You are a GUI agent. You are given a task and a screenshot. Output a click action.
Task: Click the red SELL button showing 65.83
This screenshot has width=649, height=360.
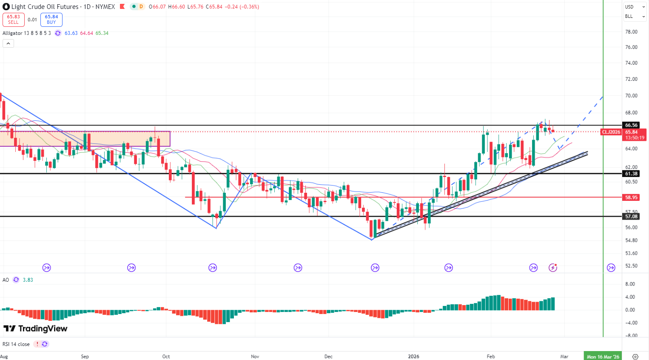13,20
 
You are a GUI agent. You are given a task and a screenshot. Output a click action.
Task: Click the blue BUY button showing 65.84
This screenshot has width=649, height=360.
51,20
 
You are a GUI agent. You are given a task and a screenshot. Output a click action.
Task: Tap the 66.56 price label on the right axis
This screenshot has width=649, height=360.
631,125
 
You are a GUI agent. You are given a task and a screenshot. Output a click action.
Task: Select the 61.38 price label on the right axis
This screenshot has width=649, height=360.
631,174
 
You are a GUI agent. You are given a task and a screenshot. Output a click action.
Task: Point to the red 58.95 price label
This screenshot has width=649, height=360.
631,197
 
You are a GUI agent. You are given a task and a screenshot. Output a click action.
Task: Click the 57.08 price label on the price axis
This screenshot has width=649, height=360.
631,217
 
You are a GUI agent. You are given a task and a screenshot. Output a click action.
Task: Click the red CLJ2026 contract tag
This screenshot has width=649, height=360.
611,132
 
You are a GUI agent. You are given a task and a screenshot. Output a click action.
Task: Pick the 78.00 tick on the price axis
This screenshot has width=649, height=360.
631,32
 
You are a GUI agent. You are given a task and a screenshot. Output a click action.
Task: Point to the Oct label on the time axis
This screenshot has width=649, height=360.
166,357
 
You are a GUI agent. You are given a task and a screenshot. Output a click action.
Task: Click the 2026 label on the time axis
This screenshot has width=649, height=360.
413,357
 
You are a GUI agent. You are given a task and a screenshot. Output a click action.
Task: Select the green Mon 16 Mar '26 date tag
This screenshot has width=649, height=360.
603,357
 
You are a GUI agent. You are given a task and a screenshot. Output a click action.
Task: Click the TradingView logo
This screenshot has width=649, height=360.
36,329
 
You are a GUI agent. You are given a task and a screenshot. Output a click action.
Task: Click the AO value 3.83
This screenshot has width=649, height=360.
28,280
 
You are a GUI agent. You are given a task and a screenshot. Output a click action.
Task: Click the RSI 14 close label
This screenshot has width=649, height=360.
16,344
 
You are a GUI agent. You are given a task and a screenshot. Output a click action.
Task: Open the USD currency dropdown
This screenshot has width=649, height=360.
635,7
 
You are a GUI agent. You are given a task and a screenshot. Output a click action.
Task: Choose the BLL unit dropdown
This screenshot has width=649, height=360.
635,17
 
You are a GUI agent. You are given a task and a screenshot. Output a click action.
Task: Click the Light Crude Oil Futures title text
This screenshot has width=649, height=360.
45,7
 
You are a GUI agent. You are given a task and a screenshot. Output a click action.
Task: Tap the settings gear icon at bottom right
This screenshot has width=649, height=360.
635,357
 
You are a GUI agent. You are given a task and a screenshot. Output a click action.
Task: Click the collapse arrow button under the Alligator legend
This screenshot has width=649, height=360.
8,43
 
